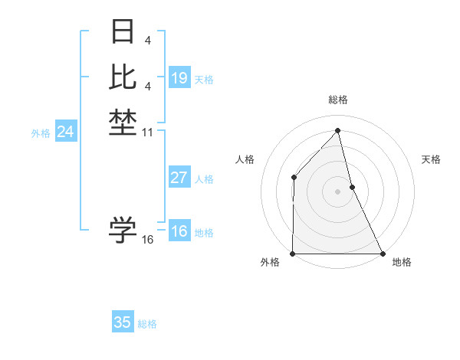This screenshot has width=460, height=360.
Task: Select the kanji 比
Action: (123, 77)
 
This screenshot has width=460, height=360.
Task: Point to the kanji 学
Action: (123, 229)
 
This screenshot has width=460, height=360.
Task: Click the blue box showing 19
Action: (179, 77)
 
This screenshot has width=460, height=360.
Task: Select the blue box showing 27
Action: (179, 178)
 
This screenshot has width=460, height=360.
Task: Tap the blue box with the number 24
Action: (66, 132)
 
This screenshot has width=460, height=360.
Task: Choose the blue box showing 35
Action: (123, 322)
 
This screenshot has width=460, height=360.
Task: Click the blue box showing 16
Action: (179, 232)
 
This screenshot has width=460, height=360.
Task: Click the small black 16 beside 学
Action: (148, 240)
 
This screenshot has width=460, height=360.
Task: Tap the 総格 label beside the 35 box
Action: (147, 324)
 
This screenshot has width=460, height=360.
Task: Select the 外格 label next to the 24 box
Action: (41, 133)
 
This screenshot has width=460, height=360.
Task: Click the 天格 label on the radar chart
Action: (432, 159)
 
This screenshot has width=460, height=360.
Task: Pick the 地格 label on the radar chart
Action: (402, 262)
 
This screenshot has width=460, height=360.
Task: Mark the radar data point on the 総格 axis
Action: (337, 131)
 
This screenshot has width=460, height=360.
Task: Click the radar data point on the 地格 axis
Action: (383, 254)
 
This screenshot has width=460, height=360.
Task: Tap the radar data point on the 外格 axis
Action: (293, 254)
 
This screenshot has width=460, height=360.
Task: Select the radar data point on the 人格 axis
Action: (294, 178)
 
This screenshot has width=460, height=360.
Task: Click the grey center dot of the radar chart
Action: (337, 191)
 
